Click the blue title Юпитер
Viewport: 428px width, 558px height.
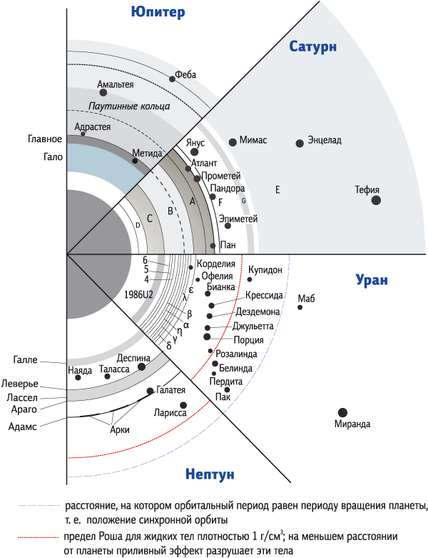tap(158, 12)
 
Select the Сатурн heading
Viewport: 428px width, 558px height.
tap(312, 46)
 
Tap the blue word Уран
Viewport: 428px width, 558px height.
tap(372, 280)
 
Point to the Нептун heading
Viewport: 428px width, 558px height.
tap(210, 474)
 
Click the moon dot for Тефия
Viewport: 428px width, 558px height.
tap(376, 200)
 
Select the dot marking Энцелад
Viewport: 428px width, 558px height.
tap(300, 143)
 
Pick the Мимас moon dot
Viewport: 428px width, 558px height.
tap(233, 142)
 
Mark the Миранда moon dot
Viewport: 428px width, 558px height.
tap(342, 412)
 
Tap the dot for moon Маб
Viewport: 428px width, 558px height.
tap(300, 307)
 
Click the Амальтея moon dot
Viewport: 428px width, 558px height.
tap(103, 93)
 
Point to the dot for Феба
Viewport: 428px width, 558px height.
tap(172, 79)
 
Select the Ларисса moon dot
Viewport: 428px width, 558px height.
tap(183, 405)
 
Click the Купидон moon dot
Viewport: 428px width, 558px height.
tap(250, 279)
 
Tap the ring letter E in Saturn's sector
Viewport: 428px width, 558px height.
tap(277, 189)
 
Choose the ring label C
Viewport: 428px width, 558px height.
tap(150, 219)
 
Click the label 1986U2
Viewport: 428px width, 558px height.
tap(138, 294)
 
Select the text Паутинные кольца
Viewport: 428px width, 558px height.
tap(129, 106)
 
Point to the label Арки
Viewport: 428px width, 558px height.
tap(120, 429)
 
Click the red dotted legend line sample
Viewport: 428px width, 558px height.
tap(38, 537)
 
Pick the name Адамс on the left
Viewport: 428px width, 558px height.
tap(22, 427)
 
